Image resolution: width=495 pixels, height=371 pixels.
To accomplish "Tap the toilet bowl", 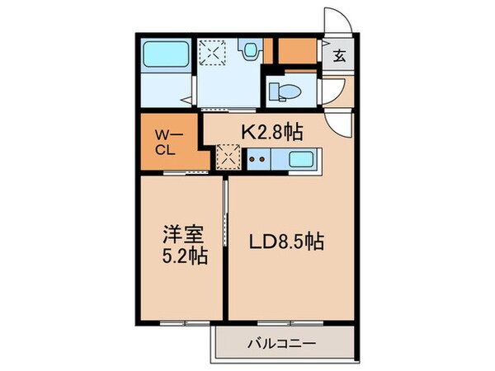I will (287, 92).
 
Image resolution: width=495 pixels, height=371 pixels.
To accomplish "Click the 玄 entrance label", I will (339, 56).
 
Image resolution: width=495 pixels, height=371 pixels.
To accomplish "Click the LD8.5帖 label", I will (286, 242).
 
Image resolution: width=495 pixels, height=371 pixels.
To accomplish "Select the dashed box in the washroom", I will (213, 52).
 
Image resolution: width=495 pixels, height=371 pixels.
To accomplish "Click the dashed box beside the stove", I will (228, 156).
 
